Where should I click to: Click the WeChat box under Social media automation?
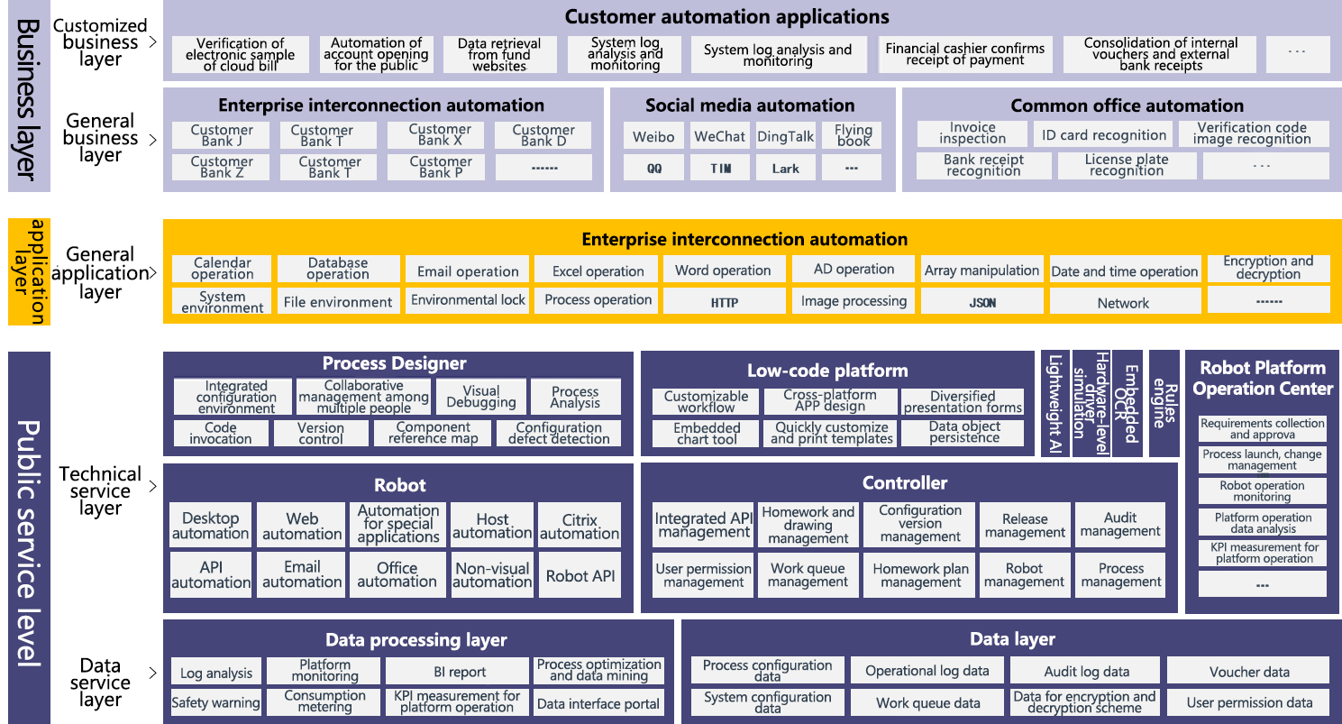(x=719, y=136)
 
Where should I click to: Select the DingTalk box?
(x=785, y=136)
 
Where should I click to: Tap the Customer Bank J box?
(x=222, y=135)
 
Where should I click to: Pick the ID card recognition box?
(x=1103, y=135)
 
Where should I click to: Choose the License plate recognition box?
(x=1126, y=165)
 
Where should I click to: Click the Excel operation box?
(x=598, y=270)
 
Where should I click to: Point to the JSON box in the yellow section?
(x=981, y=302)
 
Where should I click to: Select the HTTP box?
(x=724, y=302)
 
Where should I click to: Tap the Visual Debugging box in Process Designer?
(x=480, y=397)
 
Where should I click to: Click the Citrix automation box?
(x=580, y=526)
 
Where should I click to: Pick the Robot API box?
(x=580, y=575)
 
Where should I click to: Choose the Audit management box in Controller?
(x=1120, y=525)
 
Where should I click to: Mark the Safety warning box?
(x=215, y=702)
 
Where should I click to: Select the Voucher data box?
(x=1248, y=671)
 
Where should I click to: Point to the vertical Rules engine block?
(x=1164, y=402)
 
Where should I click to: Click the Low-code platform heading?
(x=826, y=371)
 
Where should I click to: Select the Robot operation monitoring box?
(x=1262, y=490)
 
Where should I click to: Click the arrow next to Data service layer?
(x=152, y=672)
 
